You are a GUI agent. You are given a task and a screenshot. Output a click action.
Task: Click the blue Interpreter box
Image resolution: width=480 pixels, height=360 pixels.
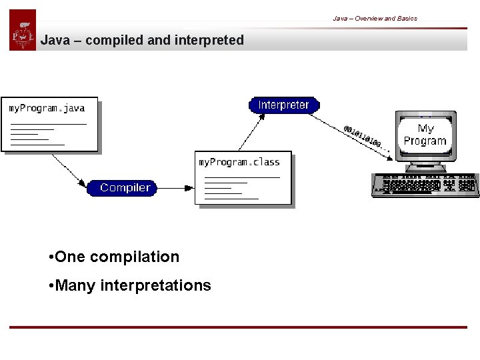[284, 105]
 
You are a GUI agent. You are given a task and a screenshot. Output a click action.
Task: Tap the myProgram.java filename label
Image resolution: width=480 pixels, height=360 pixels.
[47, 108]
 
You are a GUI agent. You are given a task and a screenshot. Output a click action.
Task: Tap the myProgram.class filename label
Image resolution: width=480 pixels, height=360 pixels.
[239, 162]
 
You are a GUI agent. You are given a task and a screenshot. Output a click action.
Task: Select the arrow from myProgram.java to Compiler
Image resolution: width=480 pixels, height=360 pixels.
[68, 169]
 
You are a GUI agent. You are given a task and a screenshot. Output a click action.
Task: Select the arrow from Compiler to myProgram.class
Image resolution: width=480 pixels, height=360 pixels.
[175, 188]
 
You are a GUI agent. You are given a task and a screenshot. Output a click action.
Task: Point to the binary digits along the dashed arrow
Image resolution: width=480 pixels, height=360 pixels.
[363, 137]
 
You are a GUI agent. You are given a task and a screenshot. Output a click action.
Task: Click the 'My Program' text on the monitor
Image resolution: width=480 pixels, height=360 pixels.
[425, 135]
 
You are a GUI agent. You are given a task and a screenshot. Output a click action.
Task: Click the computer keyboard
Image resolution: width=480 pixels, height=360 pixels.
[424, 185]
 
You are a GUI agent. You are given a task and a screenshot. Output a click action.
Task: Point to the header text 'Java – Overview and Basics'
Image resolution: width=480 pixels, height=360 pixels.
[375, 19]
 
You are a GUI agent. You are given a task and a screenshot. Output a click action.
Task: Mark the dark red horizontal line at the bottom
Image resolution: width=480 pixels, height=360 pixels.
[238, 327]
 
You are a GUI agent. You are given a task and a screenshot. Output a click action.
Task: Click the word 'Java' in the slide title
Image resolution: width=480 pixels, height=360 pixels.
[55, 41]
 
